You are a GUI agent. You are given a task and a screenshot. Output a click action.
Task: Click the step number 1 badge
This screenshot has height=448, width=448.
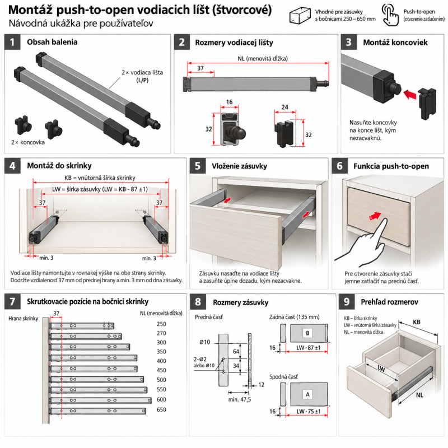click(12, 42)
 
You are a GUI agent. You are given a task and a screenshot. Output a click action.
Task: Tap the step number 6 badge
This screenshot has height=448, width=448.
click(340, 166)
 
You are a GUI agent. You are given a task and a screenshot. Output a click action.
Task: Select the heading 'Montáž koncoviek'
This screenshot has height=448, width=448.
click(395, 43)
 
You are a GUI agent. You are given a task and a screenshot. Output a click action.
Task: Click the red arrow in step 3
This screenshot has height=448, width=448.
click(410, 94)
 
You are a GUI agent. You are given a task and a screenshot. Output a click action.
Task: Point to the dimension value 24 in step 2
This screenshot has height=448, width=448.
click(284, 107)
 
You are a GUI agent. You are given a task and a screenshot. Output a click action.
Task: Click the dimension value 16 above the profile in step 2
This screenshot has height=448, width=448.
click(229, 102)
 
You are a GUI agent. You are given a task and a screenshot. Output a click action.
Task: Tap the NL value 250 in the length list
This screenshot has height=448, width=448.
click(161, 324)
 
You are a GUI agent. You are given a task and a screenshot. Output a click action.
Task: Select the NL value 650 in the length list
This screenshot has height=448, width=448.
click(161, 409)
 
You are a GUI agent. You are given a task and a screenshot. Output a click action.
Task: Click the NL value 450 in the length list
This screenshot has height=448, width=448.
click(161, 370)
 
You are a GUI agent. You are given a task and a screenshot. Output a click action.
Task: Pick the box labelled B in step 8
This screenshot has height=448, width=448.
click(309, 333)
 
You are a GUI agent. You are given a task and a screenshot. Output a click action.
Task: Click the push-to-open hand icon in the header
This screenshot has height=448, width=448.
click(390, 15)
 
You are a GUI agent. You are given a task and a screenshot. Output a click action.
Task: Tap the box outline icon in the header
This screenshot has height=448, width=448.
click(300, 16)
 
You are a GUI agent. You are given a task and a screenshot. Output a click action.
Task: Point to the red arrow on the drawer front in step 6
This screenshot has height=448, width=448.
click(375, 216)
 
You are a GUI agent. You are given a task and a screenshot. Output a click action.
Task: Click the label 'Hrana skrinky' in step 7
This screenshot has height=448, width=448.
click(23, 319)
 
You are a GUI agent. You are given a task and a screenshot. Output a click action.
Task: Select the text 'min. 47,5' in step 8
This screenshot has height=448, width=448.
click(240, 399)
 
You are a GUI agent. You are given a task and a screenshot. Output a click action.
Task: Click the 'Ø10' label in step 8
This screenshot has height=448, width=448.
click(205, 342)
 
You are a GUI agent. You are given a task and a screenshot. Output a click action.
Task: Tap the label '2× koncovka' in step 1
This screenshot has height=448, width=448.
click(28, 142)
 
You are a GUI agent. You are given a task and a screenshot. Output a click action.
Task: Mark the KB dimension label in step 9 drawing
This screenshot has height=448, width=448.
click(417, 322)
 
